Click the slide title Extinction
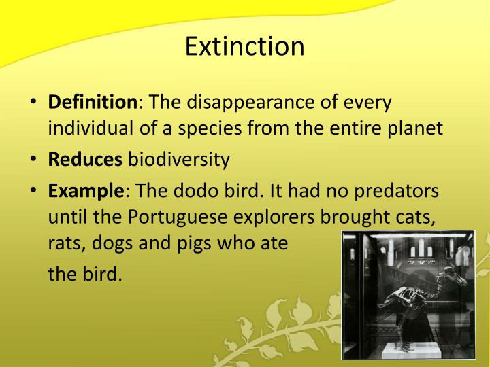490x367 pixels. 245,46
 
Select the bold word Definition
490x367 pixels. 93,103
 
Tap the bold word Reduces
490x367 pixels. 85,160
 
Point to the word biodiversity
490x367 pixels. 180,160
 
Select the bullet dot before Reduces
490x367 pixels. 33,160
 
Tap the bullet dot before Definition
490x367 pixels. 33,103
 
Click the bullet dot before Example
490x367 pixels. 33,190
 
